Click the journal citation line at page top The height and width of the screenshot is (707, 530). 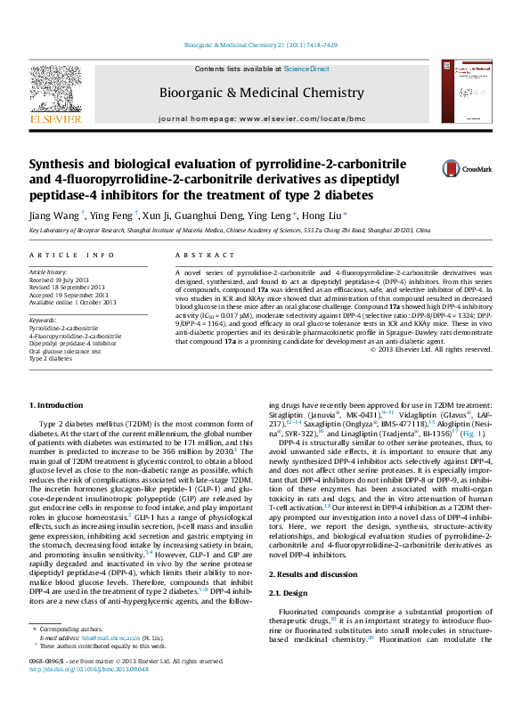point(264,45)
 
